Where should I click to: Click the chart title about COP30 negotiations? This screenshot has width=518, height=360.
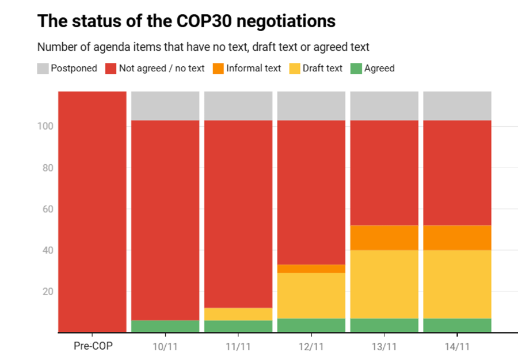(186, 21)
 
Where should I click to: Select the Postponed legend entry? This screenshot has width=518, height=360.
(67, 69)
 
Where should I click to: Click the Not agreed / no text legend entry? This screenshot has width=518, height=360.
(155, 69)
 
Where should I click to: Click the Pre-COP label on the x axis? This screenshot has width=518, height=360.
(92, 346)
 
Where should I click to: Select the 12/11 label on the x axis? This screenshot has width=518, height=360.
(311, 346)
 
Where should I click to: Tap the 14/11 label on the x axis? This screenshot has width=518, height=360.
(458, 346)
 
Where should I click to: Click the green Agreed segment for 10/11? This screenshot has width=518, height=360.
(165, 326)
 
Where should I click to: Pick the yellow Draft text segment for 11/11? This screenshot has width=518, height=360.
(238, 314)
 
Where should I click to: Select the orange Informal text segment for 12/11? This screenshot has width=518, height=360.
(311, 268)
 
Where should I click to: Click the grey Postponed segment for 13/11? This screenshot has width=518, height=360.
(384, 105)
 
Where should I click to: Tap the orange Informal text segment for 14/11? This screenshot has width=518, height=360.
(458, 237)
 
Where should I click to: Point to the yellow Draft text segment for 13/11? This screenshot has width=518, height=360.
(384, 284)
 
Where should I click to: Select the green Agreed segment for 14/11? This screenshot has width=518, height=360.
(458, 325)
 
